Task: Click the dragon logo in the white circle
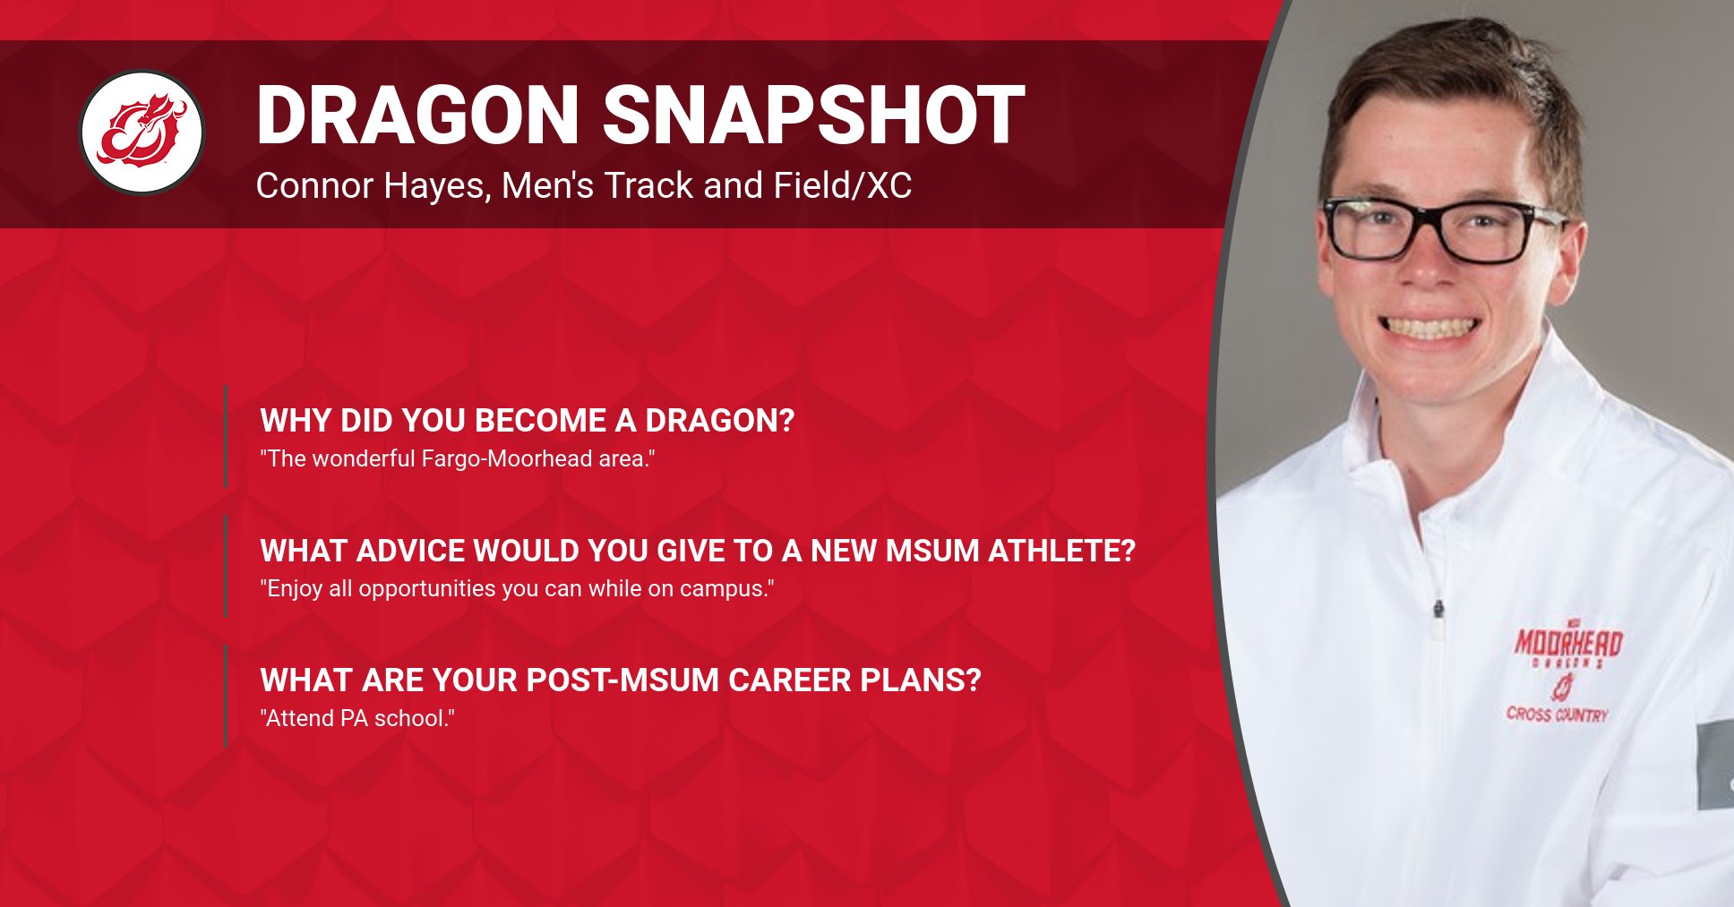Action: coord(142,133)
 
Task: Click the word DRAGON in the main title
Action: coord(417,116)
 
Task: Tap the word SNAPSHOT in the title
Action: coord(813,116)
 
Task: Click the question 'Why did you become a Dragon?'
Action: coord(527,421)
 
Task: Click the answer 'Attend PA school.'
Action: coord(357,719)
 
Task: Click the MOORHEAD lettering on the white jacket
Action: coord(1568,642)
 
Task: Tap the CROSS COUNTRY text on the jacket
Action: coord(1557,714)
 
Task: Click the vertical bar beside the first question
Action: coord(226,437)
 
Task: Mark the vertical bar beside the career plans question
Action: coord(226,697)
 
